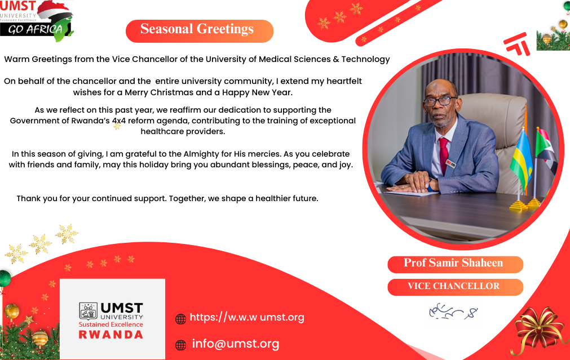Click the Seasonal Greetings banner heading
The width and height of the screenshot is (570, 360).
pyautogui.click(x=197, y=30)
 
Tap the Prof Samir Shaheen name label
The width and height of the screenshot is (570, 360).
pyautogui.click(x=454, y=264)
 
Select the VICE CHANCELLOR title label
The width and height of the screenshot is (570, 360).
pyautogui.click(x=454, y=286)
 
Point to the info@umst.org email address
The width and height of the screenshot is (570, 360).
pyautogui.click(x=236, y=344)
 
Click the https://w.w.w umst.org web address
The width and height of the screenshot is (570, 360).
pyautogui.click(x=247, y=317)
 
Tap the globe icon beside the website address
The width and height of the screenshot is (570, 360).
pyautogui.click(x=180, y=319)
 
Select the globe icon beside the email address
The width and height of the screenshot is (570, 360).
pyautogui.click(x=180, y=345)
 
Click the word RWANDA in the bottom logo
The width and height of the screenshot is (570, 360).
pyautogui.click(x=111, y=334)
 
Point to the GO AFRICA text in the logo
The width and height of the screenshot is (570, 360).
pyautogui.click(x=35, y=29)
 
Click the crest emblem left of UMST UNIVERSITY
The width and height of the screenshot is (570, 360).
pyautogui.click(x=89, y=310)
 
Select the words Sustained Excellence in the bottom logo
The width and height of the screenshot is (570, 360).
pyautogui.click(x=111, y=325)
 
